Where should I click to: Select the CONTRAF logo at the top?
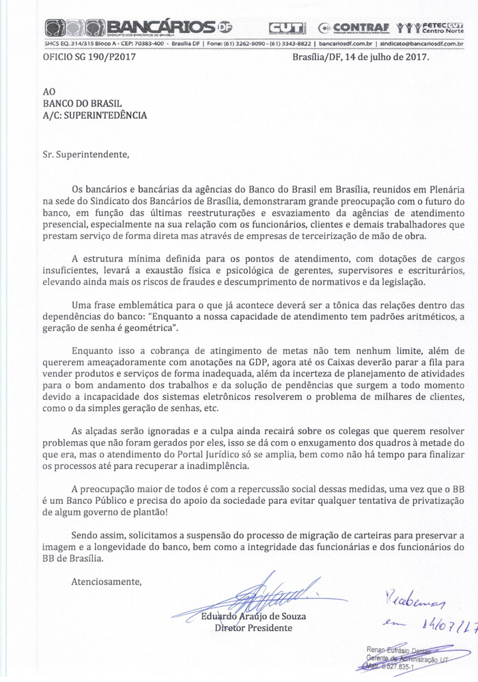(354, 28)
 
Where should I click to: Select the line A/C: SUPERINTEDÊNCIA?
(94, 115)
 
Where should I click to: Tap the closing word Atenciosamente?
(106, 582)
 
